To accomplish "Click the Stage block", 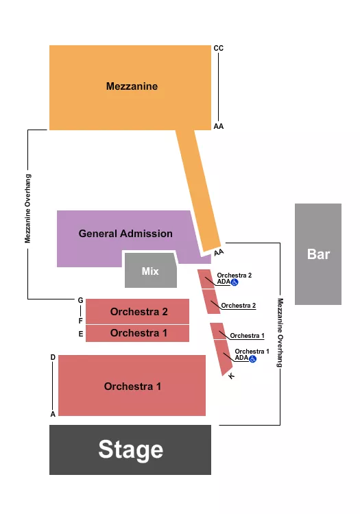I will click(130, 450).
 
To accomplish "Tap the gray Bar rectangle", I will click(318, 254).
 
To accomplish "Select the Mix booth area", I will click(150, 271).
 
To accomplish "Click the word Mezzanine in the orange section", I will click(132, 86).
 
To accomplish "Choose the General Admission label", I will click(125, 234).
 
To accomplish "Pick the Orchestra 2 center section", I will click(139, 312).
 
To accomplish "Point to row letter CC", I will click(219, 48).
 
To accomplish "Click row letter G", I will click(80, 300).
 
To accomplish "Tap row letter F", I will click(80, 321).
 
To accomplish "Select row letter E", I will click(80, 334).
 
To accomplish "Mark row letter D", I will click(53, 358).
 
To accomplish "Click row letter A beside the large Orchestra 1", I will click(53, 414).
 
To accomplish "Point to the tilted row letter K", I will click(232, 376).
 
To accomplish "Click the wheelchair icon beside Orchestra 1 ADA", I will click(252, 358).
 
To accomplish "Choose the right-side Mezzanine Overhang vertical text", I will click(280, 332).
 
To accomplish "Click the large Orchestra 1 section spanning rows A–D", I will click(132, 387).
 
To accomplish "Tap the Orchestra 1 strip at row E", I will click(139, 333).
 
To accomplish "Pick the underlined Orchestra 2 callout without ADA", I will click(239, 306).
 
